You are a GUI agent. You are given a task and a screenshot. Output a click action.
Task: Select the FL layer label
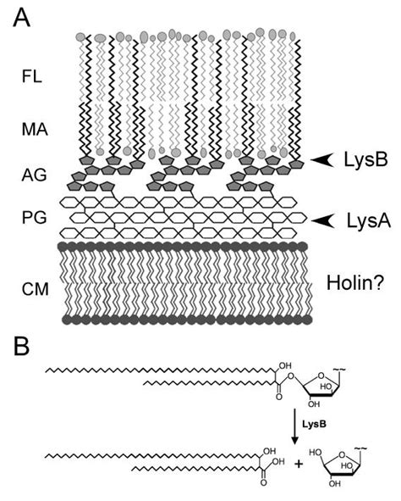point(31,78)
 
